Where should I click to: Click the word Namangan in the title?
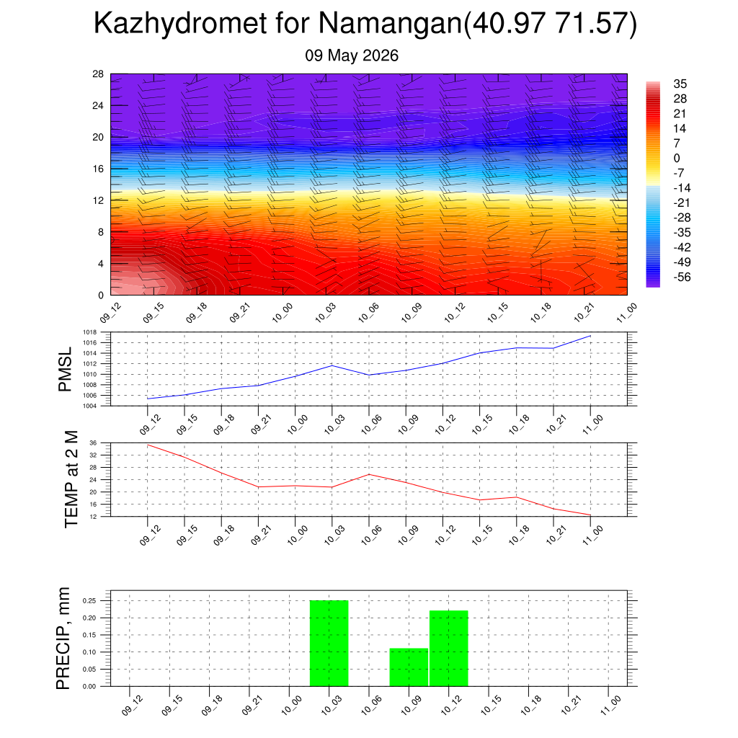(x=391, y=23)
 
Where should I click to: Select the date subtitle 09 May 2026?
(x=352, y=55)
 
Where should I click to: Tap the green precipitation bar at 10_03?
(x=329, y=643)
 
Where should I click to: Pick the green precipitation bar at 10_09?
(x=409, y=667)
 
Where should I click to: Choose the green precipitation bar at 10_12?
(x=448, y=649)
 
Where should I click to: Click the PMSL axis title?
(x=65, y=370)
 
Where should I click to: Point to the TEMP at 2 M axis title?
(x=71, y=479)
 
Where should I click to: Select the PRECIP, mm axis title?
(x=63, y=639)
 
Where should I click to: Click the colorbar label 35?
(x=680, y=84)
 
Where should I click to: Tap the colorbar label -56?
(x=682, y=277)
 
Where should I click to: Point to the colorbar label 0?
(x=677, y=158)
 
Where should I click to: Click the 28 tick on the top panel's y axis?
(x=98, y=74)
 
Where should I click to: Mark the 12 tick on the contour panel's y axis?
(x=98, y=200)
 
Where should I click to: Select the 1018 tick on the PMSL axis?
(x=90, y=332)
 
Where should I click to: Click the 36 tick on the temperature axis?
(x=93, y=443)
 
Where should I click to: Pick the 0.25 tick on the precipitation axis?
(x=89, y=600)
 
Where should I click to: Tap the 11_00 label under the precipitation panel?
(x=610, y=706)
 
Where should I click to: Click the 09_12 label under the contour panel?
(x=110, y=313)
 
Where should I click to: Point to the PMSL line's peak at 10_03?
(x=332, y=365)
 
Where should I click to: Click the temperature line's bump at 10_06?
(x=369, y=474)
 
